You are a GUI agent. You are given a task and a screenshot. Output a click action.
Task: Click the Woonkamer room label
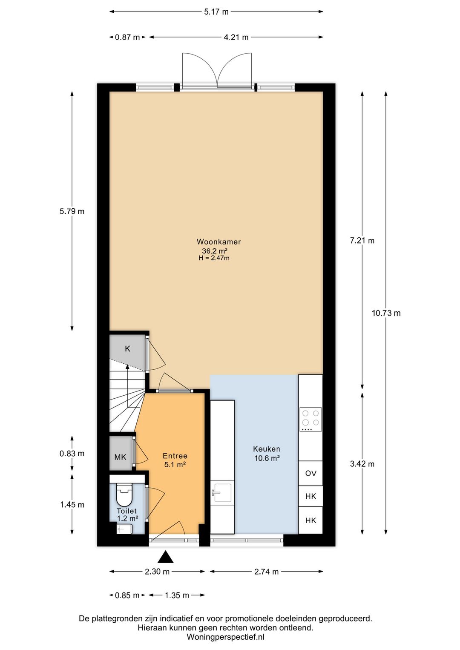(x=218, y=242)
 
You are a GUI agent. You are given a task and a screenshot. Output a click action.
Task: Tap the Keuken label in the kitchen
(x=267, y=449)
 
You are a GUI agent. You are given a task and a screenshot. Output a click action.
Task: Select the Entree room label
(x=175, y=456)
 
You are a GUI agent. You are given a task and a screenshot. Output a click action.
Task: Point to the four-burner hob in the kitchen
(x=310, y=420)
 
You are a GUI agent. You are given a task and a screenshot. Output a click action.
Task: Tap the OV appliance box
(x=310, y=473)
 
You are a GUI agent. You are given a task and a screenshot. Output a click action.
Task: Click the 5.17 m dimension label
(x=216, y=12)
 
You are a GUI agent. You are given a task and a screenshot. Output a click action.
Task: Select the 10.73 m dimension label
(x=386, y=313)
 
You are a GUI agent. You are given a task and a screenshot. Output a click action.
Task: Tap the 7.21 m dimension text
(x=362, y=241)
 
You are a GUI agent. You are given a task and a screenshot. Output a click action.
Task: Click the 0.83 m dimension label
(x=72, y=453)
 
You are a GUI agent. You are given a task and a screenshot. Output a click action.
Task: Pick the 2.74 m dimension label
(x=267, y=572)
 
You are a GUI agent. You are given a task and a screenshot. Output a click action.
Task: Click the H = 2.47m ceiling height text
(x=214, y=258)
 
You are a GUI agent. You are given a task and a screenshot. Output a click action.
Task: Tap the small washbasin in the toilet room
(x=125, y=529)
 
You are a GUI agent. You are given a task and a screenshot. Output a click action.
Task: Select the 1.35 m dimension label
(x=177, y=595)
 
